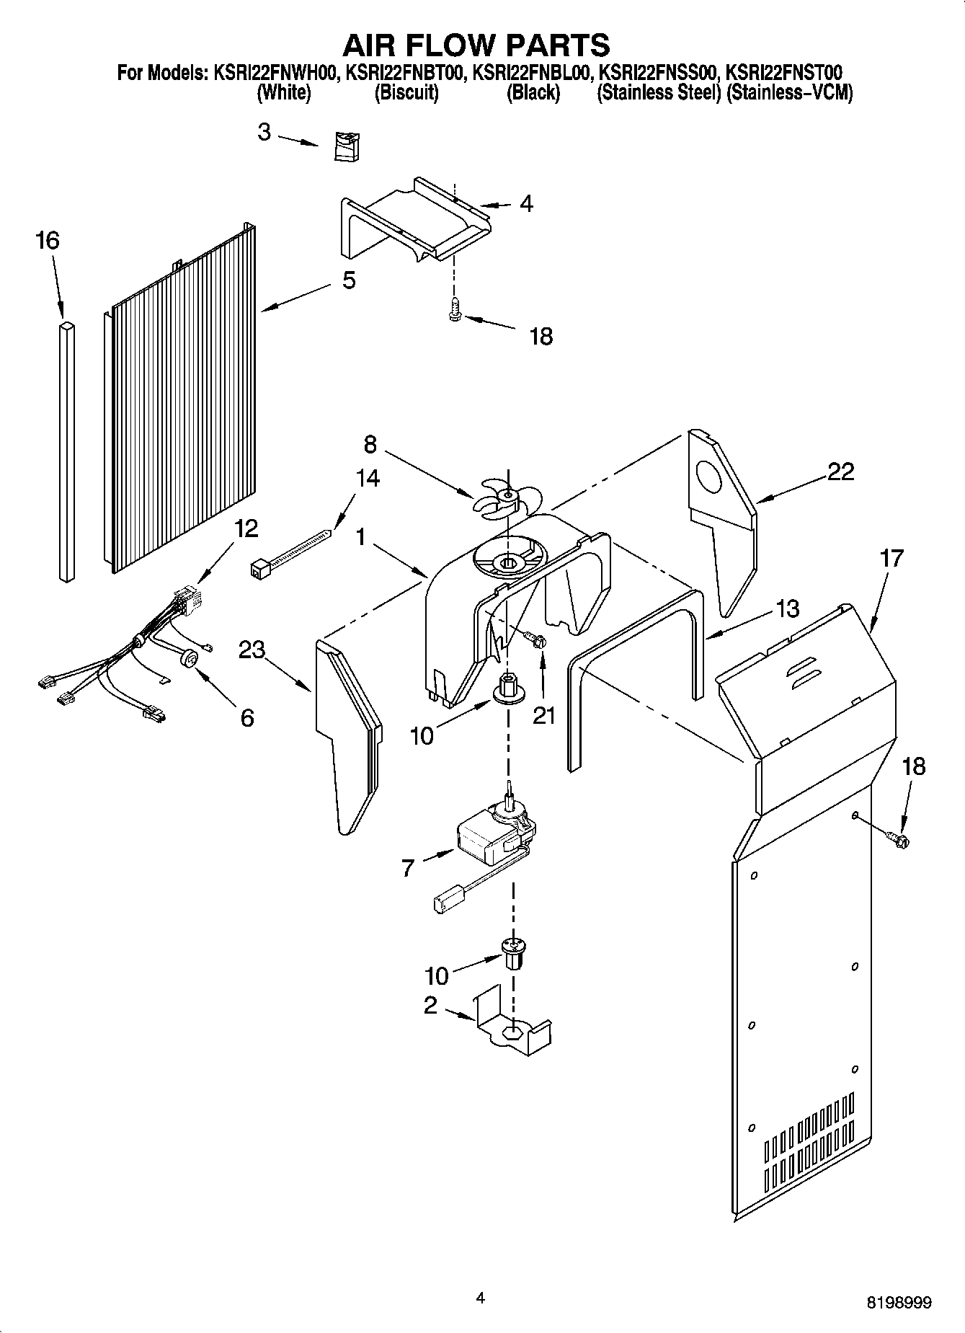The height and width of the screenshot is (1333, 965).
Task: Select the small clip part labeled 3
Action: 347,147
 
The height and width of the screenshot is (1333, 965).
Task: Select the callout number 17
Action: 891,558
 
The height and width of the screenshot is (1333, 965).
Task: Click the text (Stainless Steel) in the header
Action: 659,93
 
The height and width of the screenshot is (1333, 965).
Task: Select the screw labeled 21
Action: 536,639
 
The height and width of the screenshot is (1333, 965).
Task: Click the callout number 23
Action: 252,650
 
